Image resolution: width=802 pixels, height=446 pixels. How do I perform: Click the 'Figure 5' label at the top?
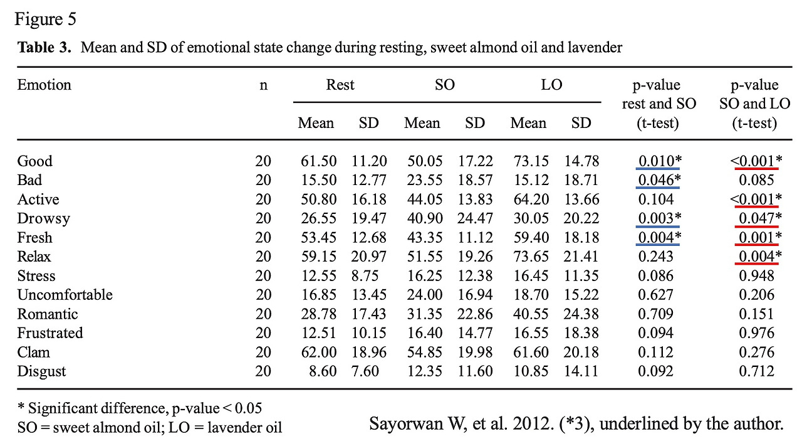pyautogui.click(x=45, y=19)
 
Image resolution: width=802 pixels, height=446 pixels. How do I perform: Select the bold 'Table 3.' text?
pyautogui.click(x=43, y=48)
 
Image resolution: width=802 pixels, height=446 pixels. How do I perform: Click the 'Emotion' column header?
pyautogui.click(x=44, y=85)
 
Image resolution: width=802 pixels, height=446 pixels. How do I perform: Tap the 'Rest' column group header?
pyautogui.click(x=340, y=85)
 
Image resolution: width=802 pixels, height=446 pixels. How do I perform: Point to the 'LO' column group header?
pyautogui.click(x=551, y=85)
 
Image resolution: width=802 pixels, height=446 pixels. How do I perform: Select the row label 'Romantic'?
pyautogui.click(x=48, y=314)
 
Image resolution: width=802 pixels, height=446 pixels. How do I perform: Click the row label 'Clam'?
pyautogui.click(x=33, y=353)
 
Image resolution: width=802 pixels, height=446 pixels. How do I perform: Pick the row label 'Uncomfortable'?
pyautogui.click(x=65, y=295)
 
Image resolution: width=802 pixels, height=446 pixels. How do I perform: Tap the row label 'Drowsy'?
pyautogui.click(x=43, y=219)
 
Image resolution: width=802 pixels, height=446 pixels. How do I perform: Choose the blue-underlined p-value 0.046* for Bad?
pyautogui.click(x=657, y=181)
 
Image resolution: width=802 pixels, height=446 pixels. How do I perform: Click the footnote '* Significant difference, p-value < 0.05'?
pyautogui.click(x=140, y=408)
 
